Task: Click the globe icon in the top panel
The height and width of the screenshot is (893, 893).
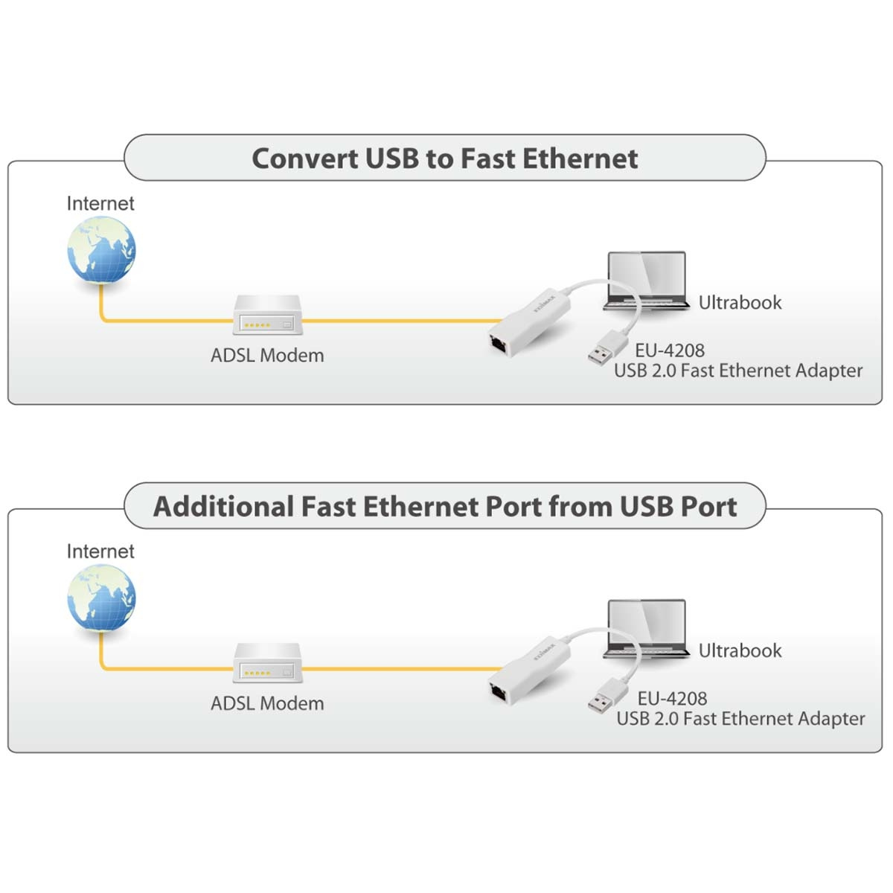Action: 101,250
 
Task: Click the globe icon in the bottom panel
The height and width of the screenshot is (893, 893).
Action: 101,598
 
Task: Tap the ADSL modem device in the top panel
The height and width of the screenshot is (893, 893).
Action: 267,315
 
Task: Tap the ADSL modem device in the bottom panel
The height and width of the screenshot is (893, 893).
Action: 267,663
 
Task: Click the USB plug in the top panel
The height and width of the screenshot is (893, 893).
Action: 607,348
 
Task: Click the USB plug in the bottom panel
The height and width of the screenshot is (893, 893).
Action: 607,696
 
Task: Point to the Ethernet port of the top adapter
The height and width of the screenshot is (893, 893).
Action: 499,345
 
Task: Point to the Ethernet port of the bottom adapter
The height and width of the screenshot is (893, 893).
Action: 499,692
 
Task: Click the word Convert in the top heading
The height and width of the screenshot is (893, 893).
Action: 305,159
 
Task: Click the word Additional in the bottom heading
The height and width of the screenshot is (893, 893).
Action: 224,507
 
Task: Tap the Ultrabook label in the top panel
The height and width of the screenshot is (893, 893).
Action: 740,303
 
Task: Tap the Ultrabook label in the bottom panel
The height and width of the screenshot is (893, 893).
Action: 740,650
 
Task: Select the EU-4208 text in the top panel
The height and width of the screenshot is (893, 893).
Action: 670,351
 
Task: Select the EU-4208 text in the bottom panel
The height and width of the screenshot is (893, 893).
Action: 672,698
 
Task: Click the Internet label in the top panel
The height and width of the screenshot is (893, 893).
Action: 100,203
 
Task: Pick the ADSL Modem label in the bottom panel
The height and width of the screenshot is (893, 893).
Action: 267,703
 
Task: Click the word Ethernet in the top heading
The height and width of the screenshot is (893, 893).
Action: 580,159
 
